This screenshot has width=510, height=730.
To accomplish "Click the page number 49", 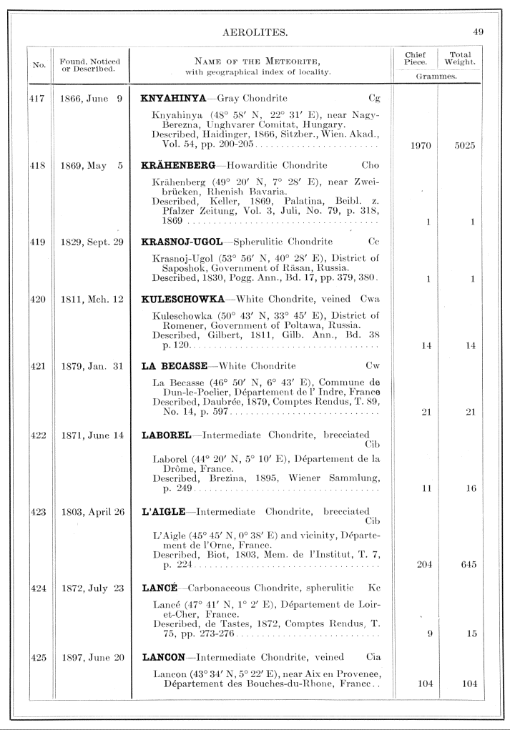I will click(x=479, y=32).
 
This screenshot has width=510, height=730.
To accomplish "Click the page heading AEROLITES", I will click(x=255, y=32).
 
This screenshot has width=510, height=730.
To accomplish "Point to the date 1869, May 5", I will click(x=92, y=165).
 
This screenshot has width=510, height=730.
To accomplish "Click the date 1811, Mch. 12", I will click(x=92, y=300).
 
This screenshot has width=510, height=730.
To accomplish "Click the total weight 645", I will click(x=469, y=565).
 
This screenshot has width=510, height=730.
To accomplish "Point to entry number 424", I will click(x=36, y=588).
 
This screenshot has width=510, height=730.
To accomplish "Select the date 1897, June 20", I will click(x=92, y=656).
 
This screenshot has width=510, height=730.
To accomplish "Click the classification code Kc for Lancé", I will click(x=374, y=588).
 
